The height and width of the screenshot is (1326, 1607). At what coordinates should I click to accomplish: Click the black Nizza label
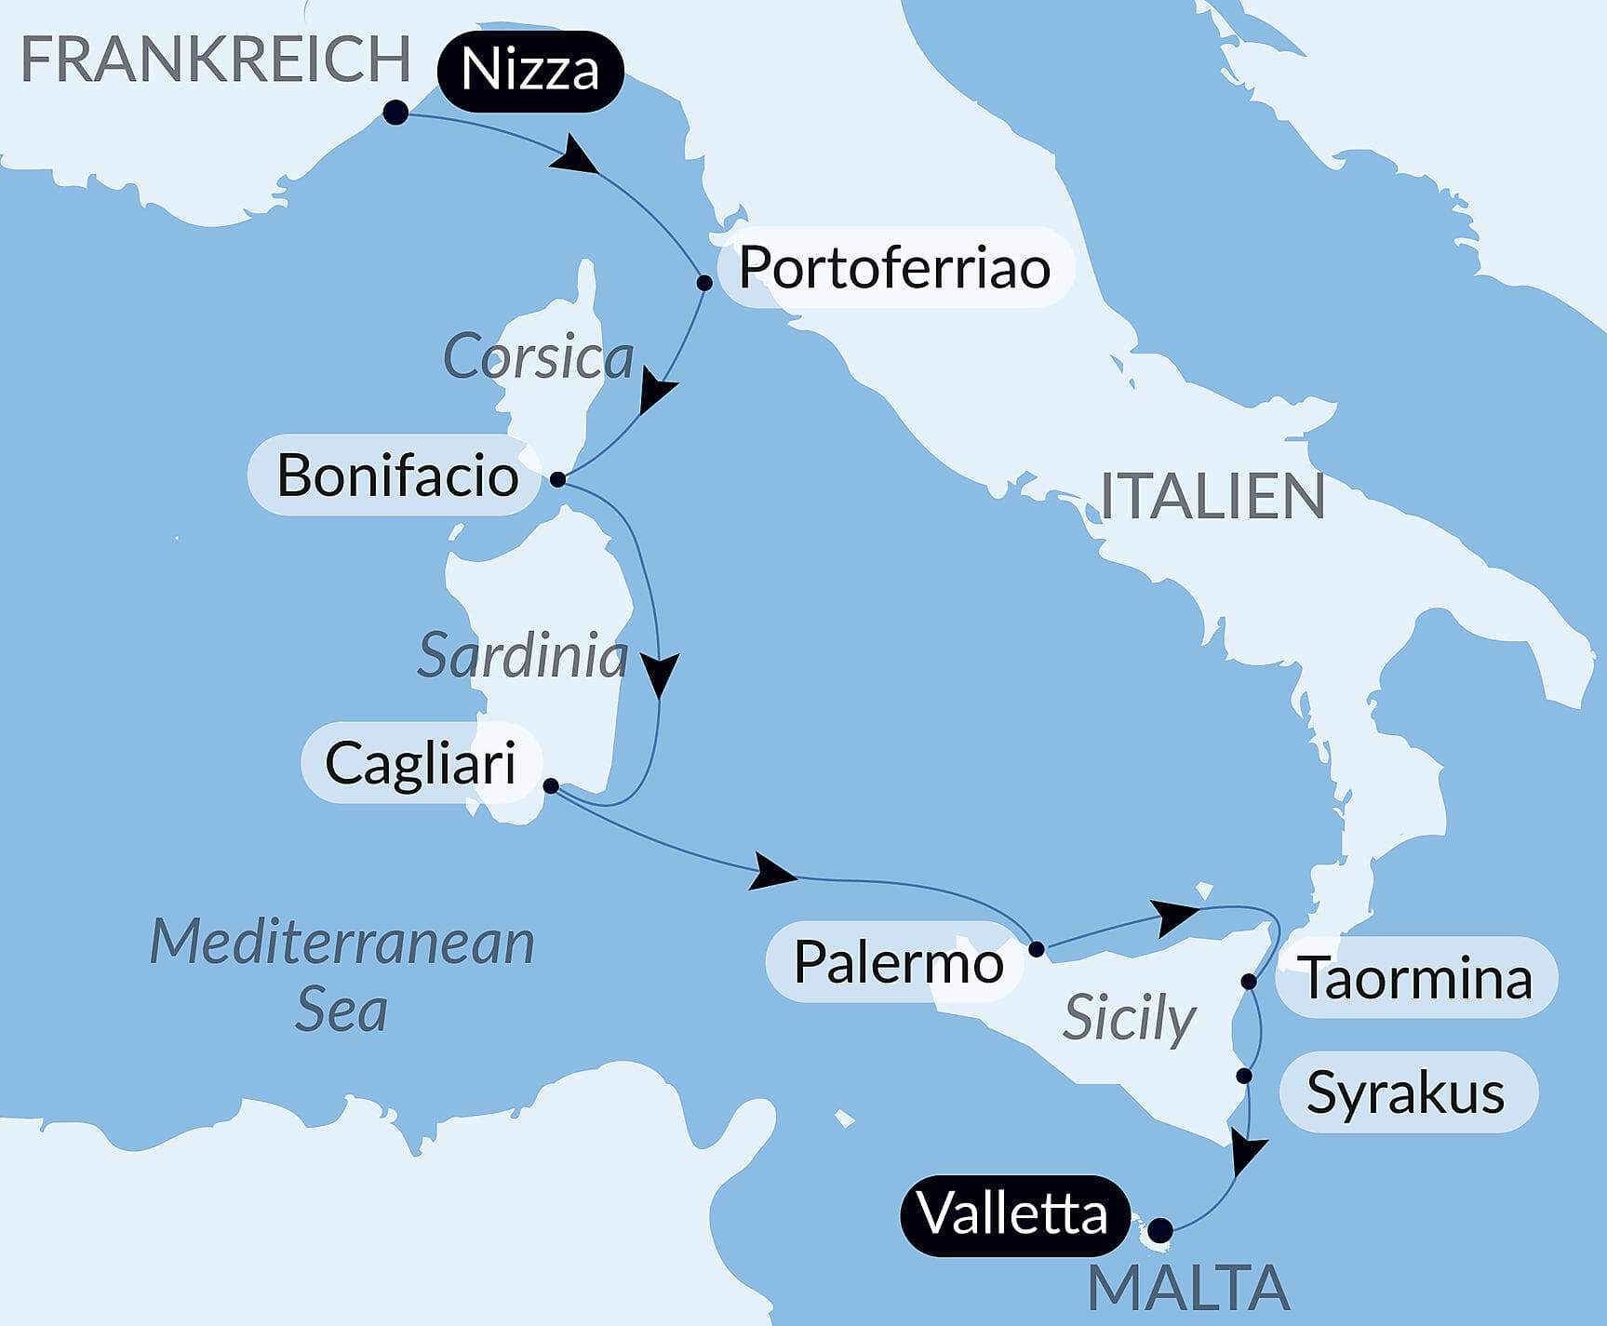(529, 71)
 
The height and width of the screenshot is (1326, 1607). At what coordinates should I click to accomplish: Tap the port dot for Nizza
(395, 113)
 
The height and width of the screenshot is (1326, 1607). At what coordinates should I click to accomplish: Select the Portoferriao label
(894, 268)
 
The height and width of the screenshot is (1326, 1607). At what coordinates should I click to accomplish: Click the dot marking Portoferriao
(704, 283)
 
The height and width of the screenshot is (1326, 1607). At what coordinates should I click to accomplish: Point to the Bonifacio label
(397, 475)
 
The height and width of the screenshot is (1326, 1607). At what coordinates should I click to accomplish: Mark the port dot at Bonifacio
(557, 479)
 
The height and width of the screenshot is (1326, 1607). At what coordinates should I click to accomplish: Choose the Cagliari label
(421, 763)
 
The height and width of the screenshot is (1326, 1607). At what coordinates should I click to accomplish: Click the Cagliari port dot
(551, 786)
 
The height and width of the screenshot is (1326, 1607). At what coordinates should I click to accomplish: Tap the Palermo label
(898, 962)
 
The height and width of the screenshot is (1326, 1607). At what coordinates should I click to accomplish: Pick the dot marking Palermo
(1037, 949)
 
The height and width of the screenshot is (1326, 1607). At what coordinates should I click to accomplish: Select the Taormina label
(1415, 978)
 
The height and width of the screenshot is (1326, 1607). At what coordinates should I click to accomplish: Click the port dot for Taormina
(1249, 982)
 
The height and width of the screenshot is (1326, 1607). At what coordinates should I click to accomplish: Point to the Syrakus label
(1405, 1092)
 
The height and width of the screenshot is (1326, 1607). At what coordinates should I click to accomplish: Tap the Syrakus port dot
(1244, 1076)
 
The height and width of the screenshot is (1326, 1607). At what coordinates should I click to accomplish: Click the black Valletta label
(1012, 1214)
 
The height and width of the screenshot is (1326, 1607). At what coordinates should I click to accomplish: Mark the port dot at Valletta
(1159, 1230)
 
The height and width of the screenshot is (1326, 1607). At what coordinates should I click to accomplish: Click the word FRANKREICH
(215, 60)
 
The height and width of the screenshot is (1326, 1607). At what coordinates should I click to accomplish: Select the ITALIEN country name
(1212, 496)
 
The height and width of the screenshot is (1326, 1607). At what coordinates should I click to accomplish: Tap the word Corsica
(538, 357)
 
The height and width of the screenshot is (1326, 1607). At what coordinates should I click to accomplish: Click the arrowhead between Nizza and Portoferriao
(575, 156)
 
